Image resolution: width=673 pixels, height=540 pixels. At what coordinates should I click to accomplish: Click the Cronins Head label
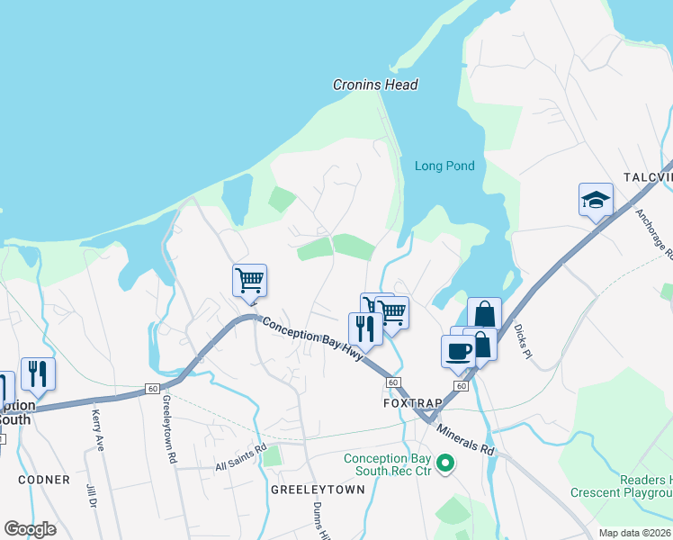[375, 85]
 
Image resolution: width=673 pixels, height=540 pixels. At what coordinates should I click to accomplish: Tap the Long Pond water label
[444, 166]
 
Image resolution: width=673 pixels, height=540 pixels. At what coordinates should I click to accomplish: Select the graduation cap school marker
[596, 200]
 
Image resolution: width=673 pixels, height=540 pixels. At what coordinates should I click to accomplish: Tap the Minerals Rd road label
[466, 437]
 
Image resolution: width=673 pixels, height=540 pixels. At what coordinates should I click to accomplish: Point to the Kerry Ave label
[98, 429]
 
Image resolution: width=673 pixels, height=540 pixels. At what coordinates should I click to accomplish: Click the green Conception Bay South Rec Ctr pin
[444, 464]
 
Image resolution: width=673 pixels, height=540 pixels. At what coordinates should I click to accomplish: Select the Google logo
[30, 529]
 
